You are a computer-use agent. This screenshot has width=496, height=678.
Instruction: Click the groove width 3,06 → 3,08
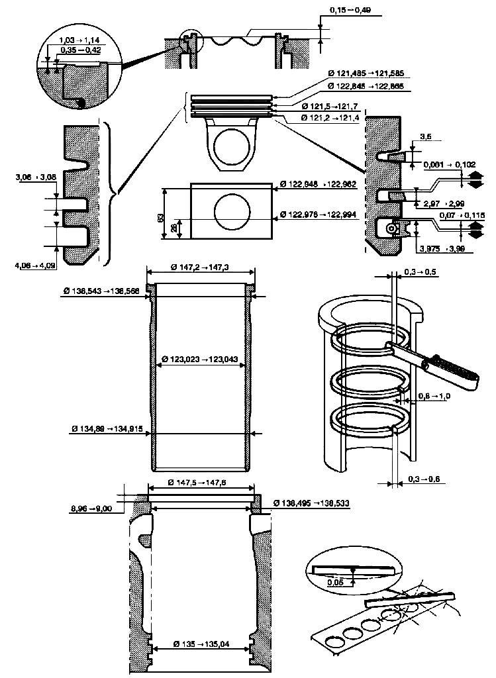coord(34,177)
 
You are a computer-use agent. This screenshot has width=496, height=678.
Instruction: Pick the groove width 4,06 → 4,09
coord(34,267)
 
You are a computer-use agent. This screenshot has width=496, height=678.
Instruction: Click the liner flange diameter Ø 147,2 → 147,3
coord(200,267)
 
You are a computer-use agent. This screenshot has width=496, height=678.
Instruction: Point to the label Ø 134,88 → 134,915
coord(110,430)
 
